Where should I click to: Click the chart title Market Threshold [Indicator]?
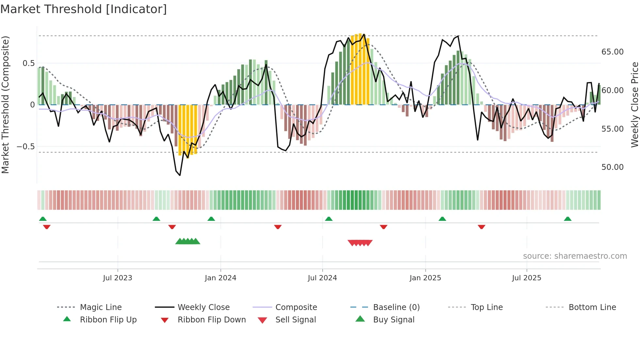point(84,9)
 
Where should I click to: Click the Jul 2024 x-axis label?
point(322,278)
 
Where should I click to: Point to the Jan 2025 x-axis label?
point(425,278)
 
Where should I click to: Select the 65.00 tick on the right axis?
point(612,52)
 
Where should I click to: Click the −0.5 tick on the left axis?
point(25,147)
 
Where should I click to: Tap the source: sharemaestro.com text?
point(575,256)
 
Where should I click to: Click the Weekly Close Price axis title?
point(634,105)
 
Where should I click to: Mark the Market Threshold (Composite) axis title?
point(5,105)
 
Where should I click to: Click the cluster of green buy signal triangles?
point(188,241)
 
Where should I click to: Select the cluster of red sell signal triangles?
point(360,243)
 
